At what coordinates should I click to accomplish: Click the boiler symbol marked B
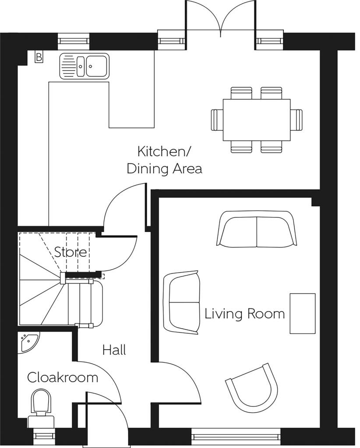(x=39, y=56)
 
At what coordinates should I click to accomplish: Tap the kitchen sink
(x=84, y=66)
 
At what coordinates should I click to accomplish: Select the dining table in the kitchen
(x=257, y=120)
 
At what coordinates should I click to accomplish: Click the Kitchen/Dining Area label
(x=164, y=160)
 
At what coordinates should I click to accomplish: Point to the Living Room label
(x=244, y=314)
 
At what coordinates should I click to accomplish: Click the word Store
(x=71, y=252)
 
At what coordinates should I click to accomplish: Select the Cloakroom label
(x=63, y=377)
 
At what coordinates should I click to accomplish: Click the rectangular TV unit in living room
(x=302, y=313)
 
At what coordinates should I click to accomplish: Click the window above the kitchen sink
(x=74, y=41)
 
